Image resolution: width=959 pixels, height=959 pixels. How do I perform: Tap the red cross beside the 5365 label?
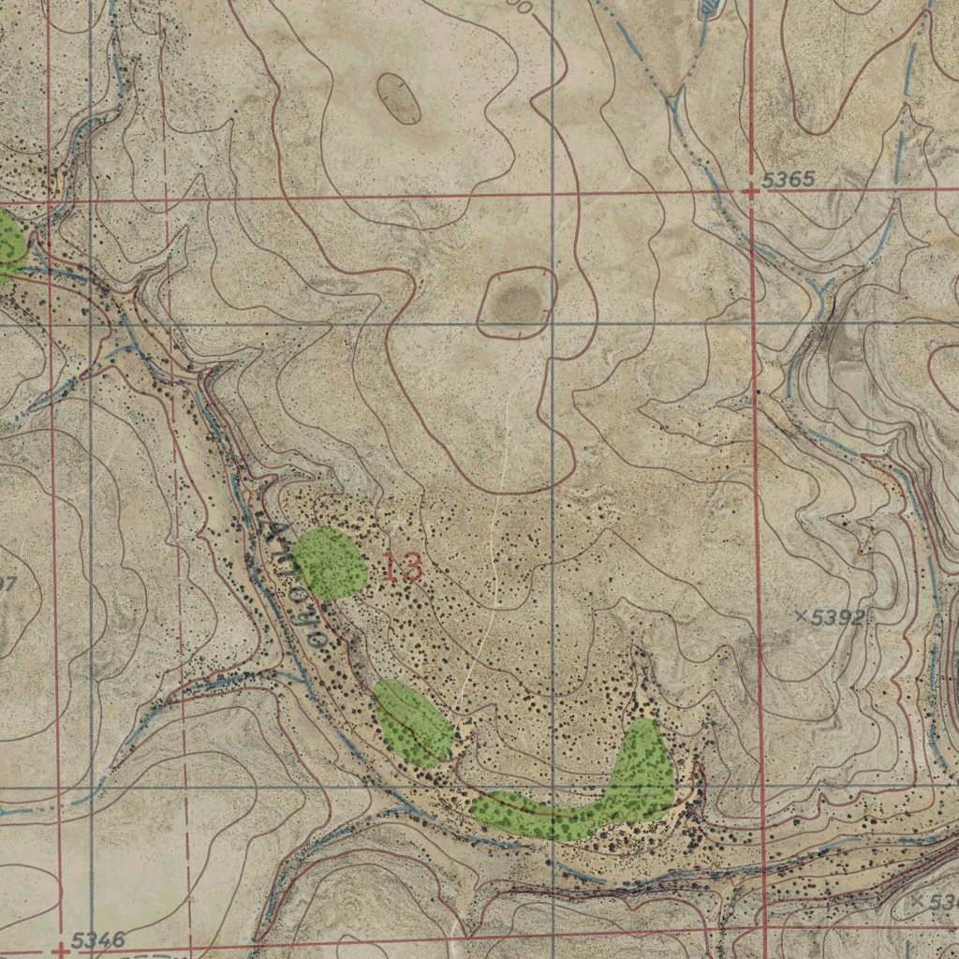pyautogui.click(x=751, y=191)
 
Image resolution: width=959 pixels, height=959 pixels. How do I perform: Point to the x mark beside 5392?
pyautogui.click(x=802, y=615)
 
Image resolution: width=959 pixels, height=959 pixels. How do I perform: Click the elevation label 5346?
pyautogui.click(x=97, y=940)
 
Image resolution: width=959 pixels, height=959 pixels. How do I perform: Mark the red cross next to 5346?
pyautogui.click(x=61, y=950)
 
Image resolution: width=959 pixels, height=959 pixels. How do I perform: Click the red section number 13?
pyautogui.click(x=402, y=567)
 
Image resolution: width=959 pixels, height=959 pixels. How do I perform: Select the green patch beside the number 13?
pyautogui.click(x=329, y=563)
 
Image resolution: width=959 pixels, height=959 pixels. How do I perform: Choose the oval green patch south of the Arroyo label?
pyautogui.click(x=413, y=723)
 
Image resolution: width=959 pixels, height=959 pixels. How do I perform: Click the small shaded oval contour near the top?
pyautogui.click(x=399, y=98)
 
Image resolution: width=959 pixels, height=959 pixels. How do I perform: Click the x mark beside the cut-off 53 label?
pyautogui.click(x=918, y=900)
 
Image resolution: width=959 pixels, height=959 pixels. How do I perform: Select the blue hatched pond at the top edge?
pyautogui.click(x=710, y=7)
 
